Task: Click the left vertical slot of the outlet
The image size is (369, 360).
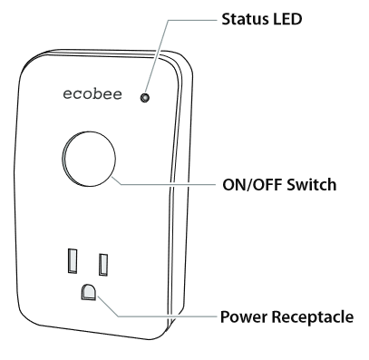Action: click(71, 263)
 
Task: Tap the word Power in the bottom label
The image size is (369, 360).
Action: click(242, 318)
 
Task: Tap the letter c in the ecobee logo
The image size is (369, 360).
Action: click(78, 95)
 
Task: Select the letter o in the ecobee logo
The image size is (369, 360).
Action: click(90, 95)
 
